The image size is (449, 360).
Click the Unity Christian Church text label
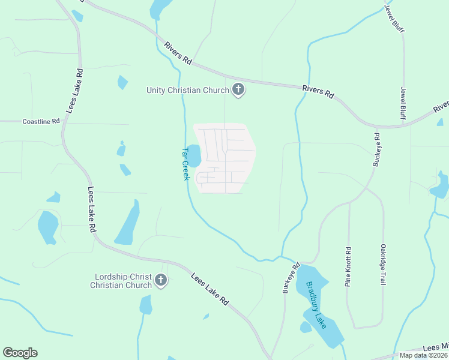click(188, 91)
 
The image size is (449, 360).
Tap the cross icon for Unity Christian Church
click(238, 90)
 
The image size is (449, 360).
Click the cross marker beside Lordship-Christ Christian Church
click(160, 280)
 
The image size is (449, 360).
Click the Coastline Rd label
click(41, 121)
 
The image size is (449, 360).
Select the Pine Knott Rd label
click(348, 266)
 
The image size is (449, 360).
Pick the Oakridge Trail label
click(382, 263)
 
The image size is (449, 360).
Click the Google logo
click(20, 352)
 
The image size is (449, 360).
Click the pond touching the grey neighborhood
click(194, 155)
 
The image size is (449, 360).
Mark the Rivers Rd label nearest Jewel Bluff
click(318, 91)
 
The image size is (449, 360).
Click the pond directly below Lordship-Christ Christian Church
click(145, 305)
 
